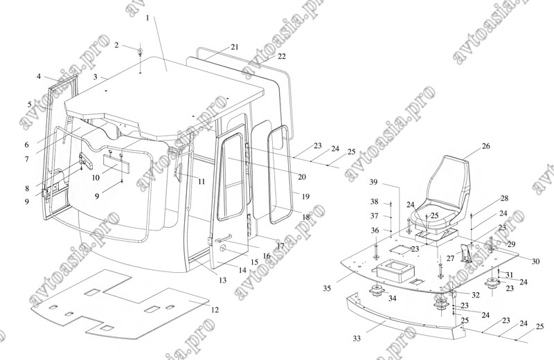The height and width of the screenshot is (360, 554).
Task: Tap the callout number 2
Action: point(116,45)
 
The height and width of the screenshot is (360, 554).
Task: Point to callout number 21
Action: point(235,47)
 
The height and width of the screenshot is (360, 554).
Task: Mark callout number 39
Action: point(373,182)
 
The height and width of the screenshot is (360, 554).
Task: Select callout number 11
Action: point(201,181)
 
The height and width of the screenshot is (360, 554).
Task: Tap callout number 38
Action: point(373,201)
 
